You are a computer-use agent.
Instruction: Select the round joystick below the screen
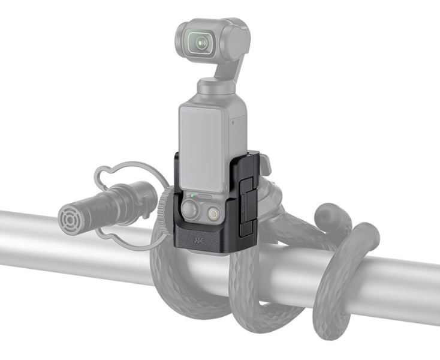pyautogui.click(x=189, y=211)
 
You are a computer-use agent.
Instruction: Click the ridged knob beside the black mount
pyautogui.click(x=165, y=207)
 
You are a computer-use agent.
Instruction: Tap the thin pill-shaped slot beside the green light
pyautogui.click(x=207, y=196)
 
